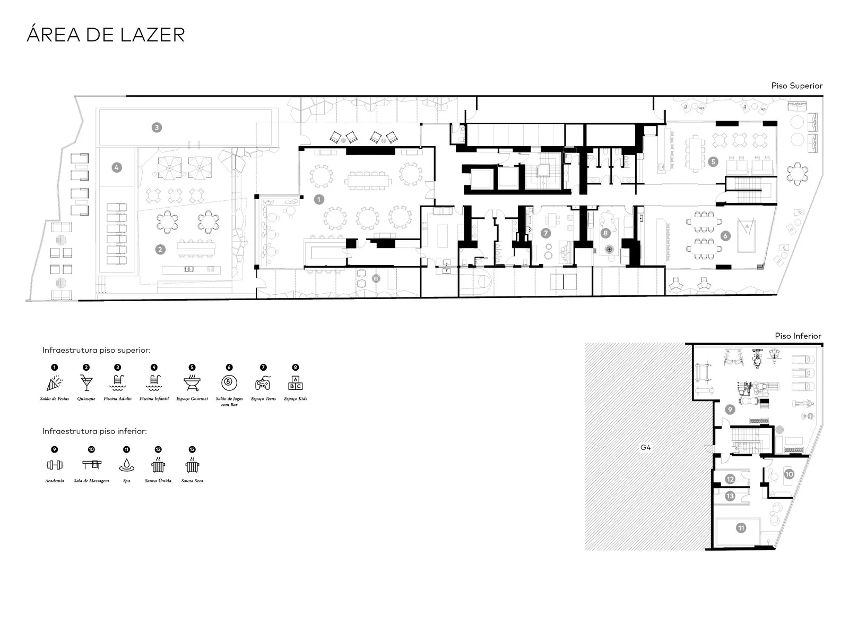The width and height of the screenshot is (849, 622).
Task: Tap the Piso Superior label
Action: click(796, 86)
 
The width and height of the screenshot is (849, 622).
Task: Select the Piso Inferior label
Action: click(798, 336)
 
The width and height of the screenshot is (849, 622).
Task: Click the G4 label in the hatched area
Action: click(645, 447)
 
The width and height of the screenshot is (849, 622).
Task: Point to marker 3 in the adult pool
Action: click(157, 127)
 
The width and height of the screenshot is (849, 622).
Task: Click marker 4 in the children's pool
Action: click(116, 167)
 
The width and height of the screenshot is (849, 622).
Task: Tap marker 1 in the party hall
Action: click(319, 200)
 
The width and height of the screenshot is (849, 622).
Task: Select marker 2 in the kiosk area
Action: click(160, 249)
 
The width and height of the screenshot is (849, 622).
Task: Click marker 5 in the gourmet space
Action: click(713, 161)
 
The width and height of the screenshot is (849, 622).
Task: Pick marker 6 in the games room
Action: click(725, 236)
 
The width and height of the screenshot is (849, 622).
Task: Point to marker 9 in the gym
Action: click(730, 410)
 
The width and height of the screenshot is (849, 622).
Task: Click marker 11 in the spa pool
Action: click(741, 528)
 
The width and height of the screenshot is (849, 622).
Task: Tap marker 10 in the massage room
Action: click(789, 474)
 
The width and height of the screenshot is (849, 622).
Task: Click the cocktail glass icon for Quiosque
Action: click(86, 382)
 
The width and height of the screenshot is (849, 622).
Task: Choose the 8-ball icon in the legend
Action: click(229, 382)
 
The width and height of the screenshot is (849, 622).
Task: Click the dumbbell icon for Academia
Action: click(55, 465)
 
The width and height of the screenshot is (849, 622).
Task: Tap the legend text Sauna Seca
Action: click(192, 481)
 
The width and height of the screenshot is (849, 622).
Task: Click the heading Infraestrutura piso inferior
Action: click(94, 431)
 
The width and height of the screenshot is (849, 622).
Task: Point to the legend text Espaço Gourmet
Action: click(192, 399)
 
